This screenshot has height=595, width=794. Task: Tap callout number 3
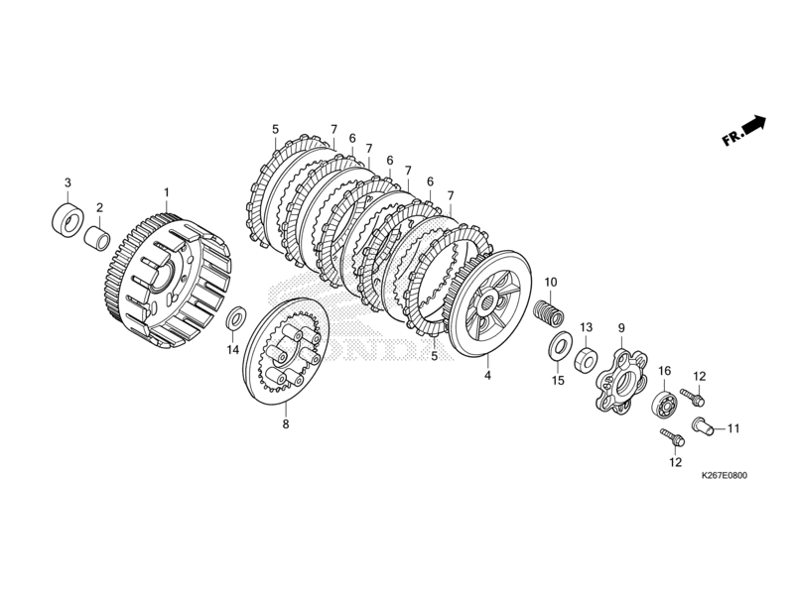(67, 182)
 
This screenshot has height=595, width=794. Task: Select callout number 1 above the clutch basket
(167, 191)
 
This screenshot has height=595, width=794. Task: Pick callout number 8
(286, 424)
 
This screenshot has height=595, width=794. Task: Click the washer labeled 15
(559, 346)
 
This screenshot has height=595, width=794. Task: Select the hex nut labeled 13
(586, 355)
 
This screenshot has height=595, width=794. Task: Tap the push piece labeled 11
(702, 426)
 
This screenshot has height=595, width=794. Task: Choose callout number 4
(487, 376)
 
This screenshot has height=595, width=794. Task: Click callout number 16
(664, 371)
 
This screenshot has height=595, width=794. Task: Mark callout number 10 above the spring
(551, 283)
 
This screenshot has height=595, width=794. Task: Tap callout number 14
(231, 349)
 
